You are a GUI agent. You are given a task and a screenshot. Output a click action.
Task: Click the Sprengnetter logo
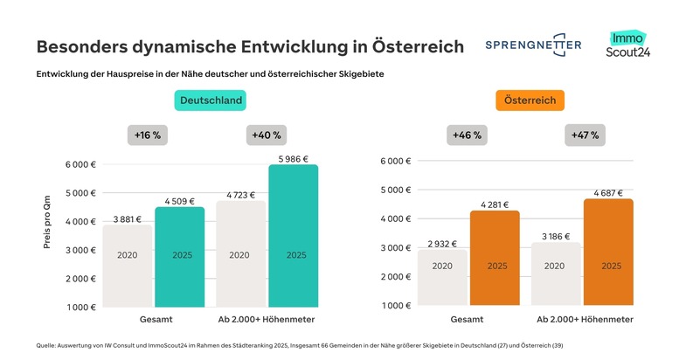point(532,45)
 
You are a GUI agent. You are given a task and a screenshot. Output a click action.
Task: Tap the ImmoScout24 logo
point(627,45)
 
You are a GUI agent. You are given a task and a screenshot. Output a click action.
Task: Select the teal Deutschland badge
point(210,100)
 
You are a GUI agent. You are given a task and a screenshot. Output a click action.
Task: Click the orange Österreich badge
point(530,100)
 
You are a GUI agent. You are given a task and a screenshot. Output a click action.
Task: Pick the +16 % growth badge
point(148,135)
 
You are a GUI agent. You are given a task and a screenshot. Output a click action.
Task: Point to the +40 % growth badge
point(266,135)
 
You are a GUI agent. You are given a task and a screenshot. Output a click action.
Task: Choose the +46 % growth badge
point(466,135)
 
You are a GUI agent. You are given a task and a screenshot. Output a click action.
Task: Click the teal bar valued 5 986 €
point(293,236)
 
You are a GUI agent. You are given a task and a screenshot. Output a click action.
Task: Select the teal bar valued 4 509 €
point(179,257)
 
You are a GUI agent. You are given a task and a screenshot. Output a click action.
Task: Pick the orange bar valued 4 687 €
point(609,253)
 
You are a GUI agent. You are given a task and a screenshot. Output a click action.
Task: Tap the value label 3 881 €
point(128,218)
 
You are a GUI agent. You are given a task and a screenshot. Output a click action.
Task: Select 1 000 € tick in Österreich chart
point(395,306)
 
